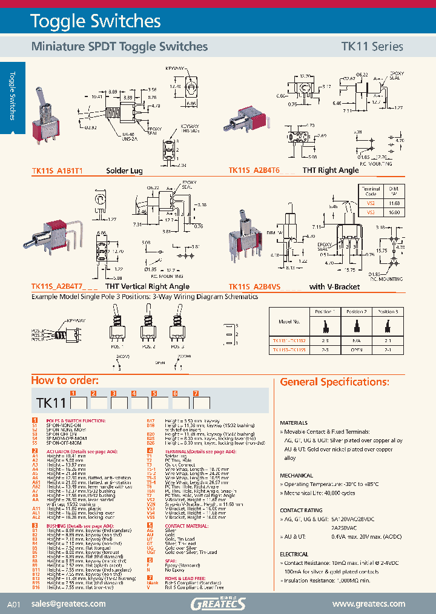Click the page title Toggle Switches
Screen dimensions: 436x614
click(96, 22)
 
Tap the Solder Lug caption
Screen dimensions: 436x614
click(124, 170)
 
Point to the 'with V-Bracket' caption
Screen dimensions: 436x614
click(334, 286)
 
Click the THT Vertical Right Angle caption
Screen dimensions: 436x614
click(148, 286)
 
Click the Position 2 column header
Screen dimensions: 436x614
click(357, 311)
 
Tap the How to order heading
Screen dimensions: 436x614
click(64, 380)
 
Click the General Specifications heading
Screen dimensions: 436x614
click(334, 382)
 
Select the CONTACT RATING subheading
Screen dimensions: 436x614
click(300, 511)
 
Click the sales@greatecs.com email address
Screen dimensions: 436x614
click(69, 604)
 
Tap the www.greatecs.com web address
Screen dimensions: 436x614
click(369, 604)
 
